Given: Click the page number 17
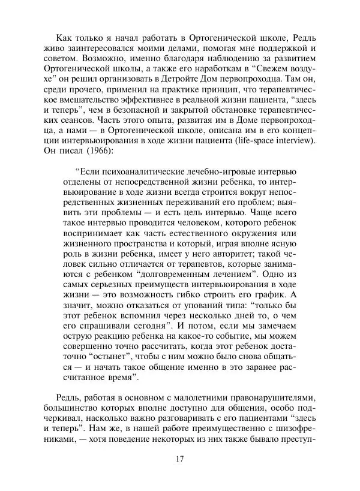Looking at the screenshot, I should point(179,459).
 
